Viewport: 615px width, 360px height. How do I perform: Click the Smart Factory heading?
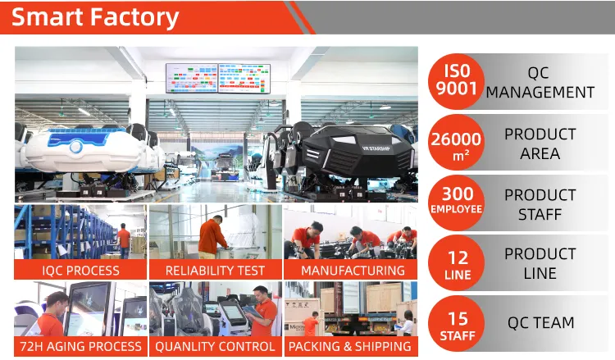click(94, 17)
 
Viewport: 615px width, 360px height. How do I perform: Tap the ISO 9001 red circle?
click(456, 82)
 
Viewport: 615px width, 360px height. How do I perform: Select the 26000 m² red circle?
click(456, 143)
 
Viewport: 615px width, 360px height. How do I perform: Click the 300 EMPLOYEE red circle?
click(456, 203)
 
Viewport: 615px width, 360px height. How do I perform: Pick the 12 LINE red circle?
click(456, 263)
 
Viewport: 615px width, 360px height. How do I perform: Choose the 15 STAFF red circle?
click(456, 323)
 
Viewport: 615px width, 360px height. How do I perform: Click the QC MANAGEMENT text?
click(540, 82)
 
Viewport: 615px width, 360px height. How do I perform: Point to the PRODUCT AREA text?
click(540, 143)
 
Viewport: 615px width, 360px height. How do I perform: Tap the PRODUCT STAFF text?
click(540, 203)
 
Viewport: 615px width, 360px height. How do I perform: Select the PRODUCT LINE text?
click(540, 263)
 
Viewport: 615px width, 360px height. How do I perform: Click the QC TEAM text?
click(540, 323)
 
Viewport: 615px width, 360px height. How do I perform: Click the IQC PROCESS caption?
click(80, 270)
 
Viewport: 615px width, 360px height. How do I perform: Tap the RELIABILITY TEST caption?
click(215, 270)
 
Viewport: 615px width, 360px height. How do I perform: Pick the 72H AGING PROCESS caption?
click(80, 346)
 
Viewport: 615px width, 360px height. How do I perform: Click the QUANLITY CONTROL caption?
click(215, 346)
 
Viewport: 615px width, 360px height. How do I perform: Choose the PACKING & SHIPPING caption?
click(350, 346)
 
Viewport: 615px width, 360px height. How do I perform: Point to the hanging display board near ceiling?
click(219, 78)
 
